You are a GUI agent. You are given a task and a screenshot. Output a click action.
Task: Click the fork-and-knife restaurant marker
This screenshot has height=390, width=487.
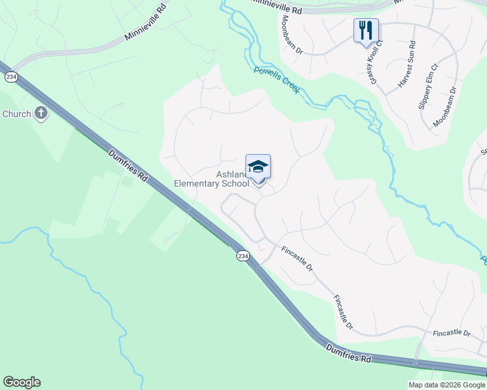[x=365, y=29]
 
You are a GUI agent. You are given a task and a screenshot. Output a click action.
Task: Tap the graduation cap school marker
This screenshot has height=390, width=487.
[x=258, y=167]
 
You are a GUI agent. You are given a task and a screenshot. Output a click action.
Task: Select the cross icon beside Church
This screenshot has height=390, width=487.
[x=40, y=114]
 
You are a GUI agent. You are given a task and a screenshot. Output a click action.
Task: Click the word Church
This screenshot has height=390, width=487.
[x=16, y=114]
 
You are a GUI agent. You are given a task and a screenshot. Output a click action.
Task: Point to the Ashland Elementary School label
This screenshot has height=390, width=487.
[x=212, y=179]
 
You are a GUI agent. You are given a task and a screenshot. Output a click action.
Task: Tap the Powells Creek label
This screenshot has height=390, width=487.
[x=276, y=81]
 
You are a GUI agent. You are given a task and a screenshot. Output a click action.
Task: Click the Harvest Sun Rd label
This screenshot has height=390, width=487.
[x=406, y=64]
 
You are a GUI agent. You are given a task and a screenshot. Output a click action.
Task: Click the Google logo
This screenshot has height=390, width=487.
[x=21, y=382]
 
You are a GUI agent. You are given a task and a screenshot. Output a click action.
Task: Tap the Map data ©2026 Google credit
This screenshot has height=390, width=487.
[x=447, y=385]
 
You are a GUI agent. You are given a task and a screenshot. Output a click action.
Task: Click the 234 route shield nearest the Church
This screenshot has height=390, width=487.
[x=10, y=77]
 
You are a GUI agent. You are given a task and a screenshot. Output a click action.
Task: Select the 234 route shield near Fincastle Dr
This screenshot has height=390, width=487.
[x=242, y=256]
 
